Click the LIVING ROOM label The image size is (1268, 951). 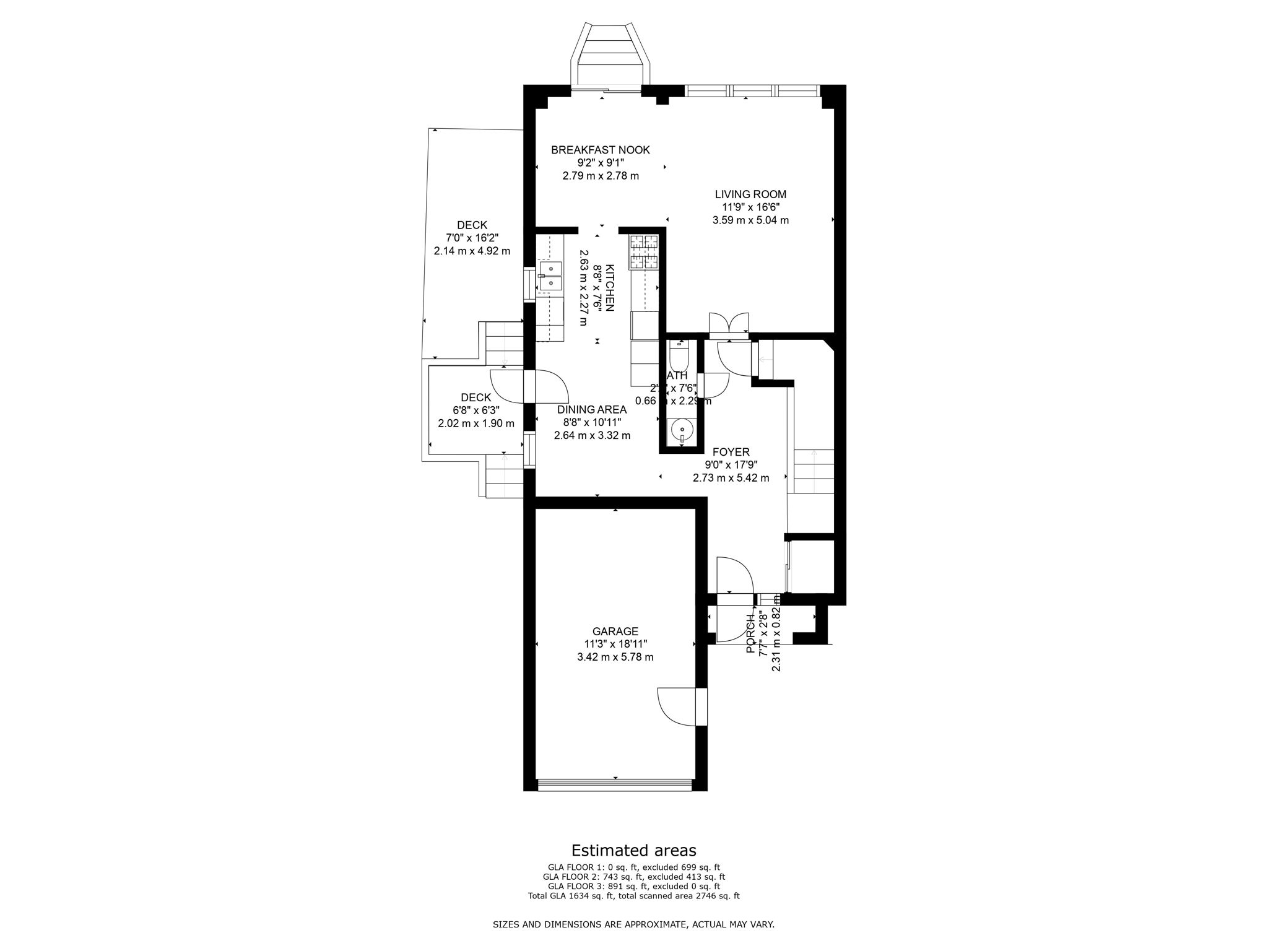coord(750,194)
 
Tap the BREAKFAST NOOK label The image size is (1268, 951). coord(600,150)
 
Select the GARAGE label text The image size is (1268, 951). coord(615,631)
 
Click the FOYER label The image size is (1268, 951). coord(731,452)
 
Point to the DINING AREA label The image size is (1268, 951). coord(591,409)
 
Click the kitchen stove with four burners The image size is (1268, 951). coord(643,252)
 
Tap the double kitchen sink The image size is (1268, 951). coord(550,276)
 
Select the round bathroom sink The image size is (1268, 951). coord(680,428)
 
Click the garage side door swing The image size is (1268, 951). coord(679,706)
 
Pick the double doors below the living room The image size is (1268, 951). coord(729,324)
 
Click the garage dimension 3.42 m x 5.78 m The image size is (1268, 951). coord(615,657)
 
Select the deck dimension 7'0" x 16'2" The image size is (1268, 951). coord(472,238)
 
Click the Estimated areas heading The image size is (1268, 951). coord(633,850)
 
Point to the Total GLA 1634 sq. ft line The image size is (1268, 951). coord(633,895)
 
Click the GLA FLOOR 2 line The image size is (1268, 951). coord(633,877)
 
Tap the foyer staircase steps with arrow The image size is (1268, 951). coord(814,471)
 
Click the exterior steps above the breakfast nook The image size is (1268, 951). coord(610,53)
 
